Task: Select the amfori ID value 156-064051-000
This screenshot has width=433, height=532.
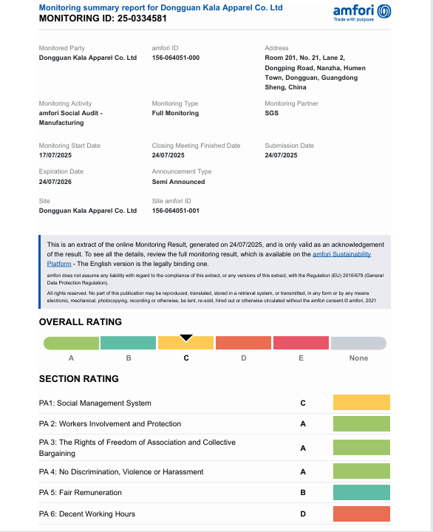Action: pos(175,58)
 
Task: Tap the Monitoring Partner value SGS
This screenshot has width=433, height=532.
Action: pos(271,114)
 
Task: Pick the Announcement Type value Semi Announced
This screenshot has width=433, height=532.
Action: pos(178,182)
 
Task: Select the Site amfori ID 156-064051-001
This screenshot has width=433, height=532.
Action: pos(175,211)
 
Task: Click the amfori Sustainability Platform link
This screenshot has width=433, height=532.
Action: pos(341,254)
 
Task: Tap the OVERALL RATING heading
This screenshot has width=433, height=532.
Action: pos(80,322)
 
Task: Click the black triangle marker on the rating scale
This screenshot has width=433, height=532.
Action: pos(186,338)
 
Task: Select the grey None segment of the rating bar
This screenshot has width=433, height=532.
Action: pos(358,344)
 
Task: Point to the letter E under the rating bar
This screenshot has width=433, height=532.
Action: pos(301,358)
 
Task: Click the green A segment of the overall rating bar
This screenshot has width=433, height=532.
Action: pos(72,344)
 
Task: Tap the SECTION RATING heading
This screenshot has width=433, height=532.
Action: pos(78,379)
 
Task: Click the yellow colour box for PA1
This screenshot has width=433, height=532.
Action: pos(361,403)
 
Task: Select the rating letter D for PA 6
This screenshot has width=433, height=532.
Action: pos(303,514)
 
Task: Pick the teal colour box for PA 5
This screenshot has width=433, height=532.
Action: pos(361,492)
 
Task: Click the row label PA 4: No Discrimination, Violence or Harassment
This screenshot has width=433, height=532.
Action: pos(121,471)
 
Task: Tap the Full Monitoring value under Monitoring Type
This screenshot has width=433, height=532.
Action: pos(175,114)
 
